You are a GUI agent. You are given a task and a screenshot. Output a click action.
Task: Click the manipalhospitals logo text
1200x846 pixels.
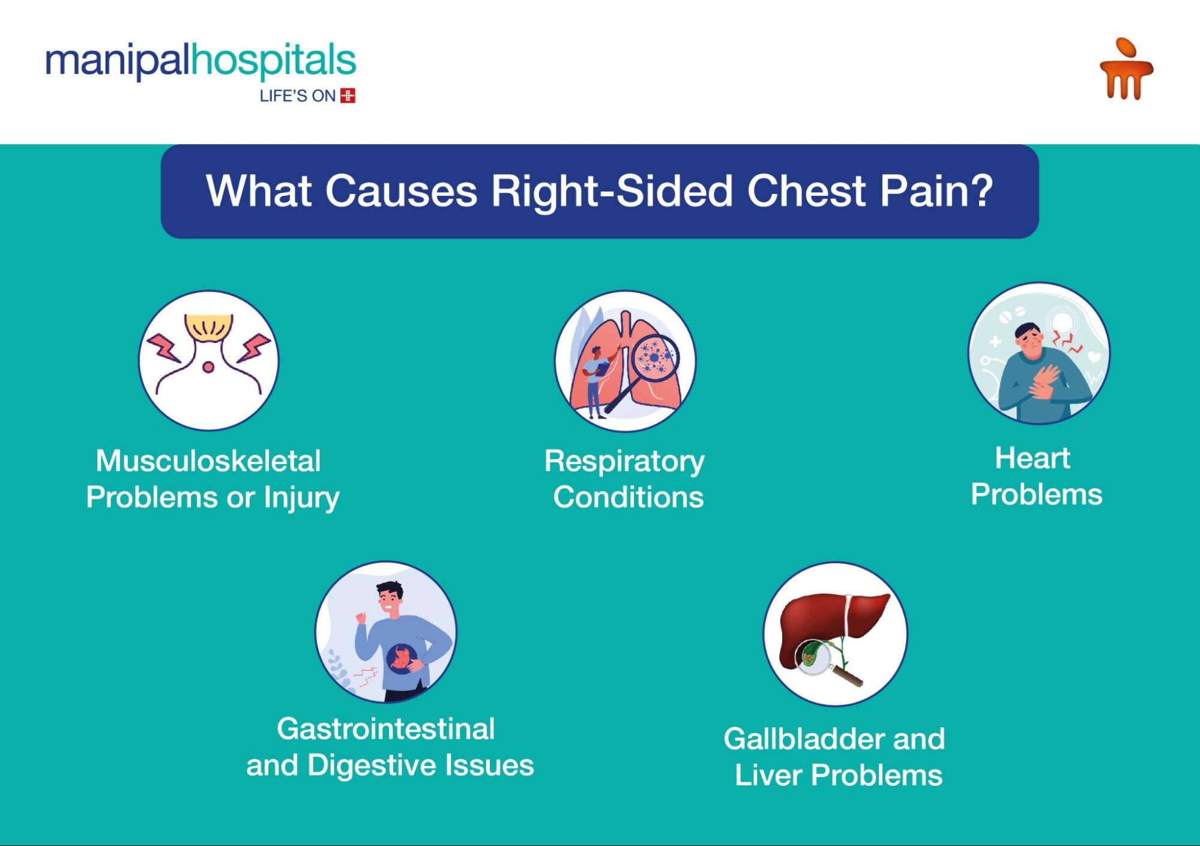point(201,61)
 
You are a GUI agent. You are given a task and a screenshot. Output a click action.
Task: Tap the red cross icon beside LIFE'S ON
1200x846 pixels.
point(348,95)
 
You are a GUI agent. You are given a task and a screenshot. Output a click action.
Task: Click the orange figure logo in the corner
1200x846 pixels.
point(1126,68)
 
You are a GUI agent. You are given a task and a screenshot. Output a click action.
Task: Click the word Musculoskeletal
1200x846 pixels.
point(208,461)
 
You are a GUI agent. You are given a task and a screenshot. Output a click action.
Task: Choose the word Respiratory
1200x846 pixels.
point(624,462)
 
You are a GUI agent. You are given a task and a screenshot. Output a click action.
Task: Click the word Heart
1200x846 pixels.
point(1033,458)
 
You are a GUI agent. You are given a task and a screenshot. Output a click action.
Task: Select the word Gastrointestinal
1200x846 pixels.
point(386,729)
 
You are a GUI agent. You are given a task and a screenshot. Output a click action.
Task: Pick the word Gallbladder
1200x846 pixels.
point(803,739)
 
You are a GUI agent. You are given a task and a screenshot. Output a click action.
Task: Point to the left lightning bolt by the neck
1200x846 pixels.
point(165,349)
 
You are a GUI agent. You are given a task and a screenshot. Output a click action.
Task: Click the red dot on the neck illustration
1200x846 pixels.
point(208,367)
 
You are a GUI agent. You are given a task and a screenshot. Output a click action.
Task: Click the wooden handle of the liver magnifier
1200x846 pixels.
point(846,677)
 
